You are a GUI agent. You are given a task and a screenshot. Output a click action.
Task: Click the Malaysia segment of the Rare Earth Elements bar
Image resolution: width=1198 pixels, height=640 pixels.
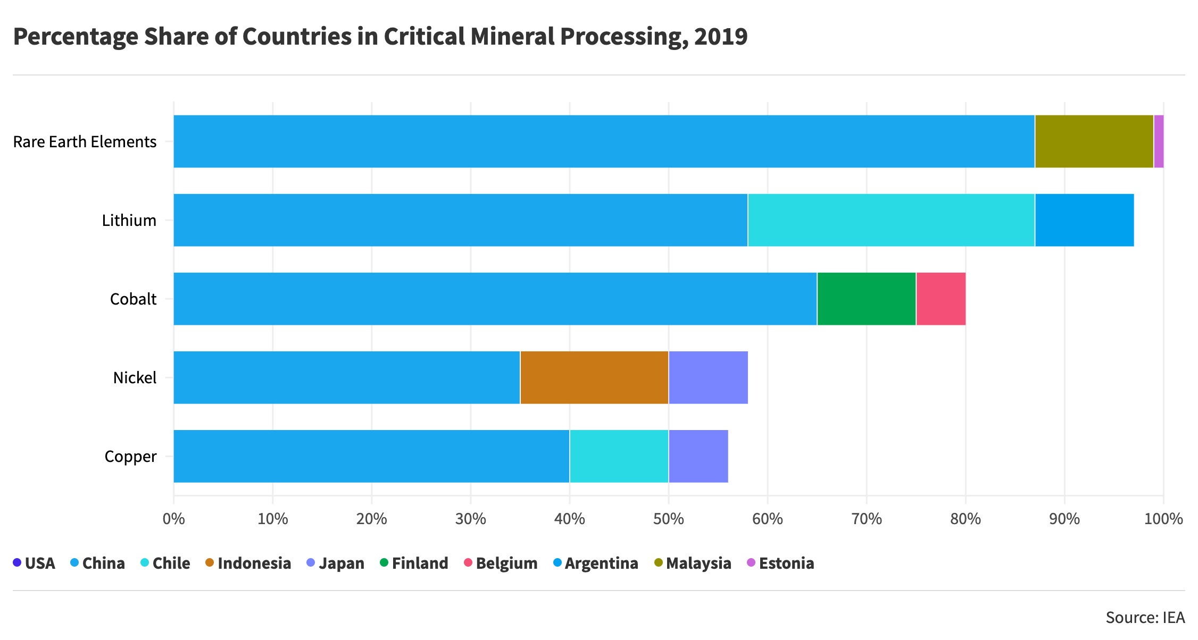point(1094,141)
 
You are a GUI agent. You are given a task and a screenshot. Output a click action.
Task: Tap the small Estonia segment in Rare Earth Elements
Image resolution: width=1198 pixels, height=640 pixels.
point(1159,141)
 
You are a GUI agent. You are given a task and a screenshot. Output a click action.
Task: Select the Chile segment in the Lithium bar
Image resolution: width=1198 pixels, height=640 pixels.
point(891,220)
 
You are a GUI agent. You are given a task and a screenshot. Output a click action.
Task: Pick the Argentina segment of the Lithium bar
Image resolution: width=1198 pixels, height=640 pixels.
point(1084,220)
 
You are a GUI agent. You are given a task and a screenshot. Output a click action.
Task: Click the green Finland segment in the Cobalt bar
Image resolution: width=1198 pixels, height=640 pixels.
point(866,299)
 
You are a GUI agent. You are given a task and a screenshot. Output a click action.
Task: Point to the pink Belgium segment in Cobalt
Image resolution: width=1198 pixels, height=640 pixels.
point(941,299)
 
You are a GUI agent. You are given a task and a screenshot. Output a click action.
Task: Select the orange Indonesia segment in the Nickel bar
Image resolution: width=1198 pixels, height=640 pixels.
point(594,377)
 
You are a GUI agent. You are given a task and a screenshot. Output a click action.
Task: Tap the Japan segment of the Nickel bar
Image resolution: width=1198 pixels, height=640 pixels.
point(708,377)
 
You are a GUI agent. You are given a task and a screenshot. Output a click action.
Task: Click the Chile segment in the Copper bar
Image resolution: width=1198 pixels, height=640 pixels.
point(619,456)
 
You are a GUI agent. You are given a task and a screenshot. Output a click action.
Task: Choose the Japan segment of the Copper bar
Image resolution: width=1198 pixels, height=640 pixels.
point(698,456)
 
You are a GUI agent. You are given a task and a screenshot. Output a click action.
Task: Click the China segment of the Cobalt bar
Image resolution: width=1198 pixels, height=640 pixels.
point(495,299)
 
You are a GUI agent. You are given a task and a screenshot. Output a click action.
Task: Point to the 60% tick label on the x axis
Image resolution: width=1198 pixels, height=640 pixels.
point(768,519)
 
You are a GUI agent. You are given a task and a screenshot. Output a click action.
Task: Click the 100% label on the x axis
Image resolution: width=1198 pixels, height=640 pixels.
point(1163,519)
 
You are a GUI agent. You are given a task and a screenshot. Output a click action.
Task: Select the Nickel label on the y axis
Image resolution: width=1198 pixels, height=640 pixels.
point(135,378)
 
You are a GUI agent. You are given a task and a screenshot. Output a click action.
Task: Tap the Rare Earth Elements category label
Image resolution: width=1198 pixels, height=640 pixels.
point(85,142)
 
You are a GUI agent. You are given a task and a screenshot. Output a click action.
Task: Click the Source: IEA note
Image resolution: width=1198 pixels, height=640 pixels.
point(1145,617)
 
